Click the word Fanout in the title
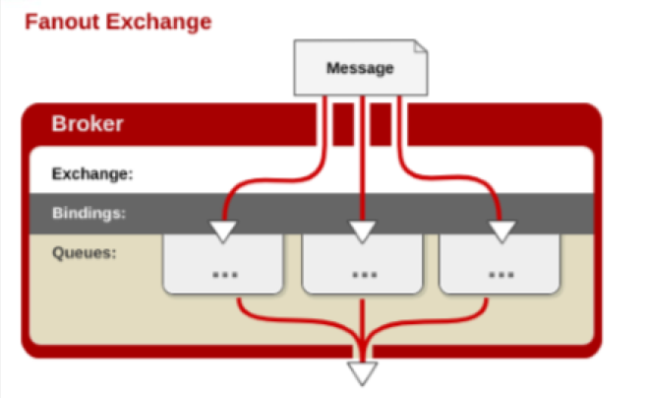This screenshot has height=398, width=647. point(62,22)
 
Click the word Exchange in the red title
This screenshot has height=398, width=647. point(159,22)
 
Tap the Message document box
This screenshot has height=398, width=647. point(361,68)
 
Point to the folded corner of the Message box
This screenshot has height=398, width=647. point(421,46)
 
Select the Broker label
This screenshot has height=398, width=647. point(88,123)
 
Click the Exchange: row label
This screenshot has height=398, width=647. point(92,174)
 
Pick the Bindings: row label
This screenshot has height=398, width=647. point(88,213)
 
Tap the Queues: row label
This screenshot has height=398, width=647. point(85,252)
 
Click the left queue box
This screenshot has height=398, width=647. point(223,264)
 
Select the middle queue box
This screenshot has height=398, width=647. point(362,264)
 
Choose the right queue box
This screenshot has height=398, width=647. point(500,264)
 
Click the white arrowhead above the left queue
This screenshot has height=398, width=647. point(223,232)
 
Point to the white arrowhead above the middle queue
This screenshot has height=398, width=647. point(362,232)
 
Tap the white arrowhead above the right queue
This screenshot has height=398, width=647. point(501,232)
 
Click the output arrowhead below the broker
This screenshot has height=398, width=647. point(362,373)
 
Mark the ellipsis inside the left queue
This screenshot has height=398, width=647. point(225,274)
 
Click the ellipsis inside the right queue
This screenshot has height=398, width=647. point(501,274)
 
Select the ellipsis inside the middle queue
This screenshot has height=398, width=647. point(365,274)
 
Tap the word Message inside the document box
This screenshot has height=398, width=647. point(360,68)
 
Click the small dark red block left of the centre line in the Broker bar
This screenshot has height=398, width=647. point(343,124)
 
